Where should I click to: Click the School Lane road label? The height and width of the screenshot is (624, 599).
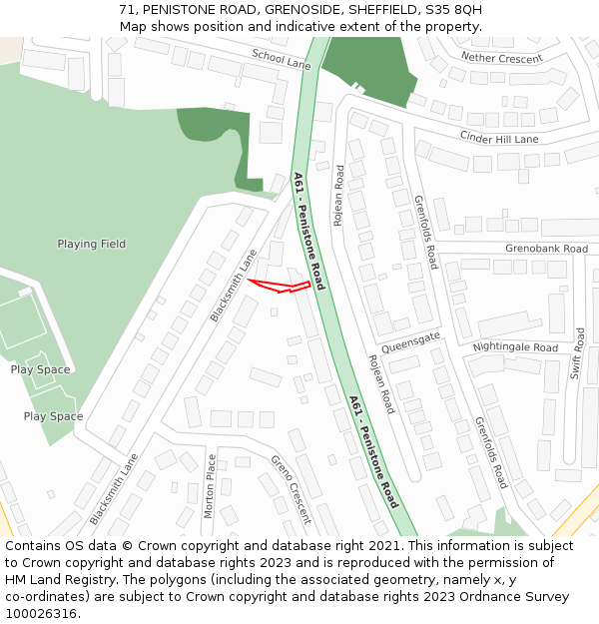point(282,59)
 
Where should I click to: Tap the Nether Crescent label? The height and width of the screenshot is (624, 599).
point(502,58)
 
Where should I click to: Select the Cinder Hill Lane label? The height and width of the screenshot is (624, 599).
point(499,137)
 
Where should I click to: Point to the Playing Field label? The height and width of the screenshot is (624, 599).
point(92,244)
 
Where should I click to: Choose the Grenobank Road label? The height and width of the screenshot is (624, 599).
point(546,248)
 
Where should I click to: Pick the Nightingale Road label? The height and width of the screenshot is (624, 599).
point(515,347)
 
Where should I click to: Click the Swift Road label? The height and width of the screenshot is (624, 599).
point(578,353)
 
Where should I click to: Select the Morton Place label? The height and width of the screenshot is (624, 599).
point(210,486)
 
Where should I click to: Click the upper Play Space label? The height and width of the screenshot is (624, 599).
point(41,369)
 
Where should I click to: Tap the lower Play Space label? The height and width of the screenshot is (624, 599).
point(53,416)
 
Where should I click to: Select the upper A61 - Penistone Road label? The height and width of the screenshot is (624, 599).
point(309,231)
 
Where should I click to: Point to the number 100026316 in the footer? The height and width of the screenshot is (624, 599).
point(41,614)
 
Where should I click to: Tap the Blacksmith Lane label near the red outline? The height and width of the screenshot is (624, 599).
point(234,285)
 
